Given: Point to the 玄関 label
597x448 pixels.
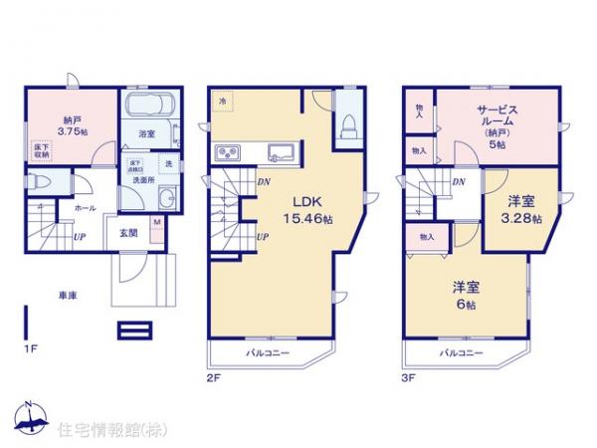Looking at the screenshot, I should (129, 233).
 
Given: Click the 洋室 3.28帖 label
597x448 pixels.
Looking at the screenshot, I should (519, 210).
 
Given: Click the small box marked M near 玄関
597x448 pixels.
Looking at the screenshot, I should (157, 225).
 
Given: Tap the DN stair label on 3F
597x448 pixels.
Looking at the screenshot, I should (461, 182).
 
